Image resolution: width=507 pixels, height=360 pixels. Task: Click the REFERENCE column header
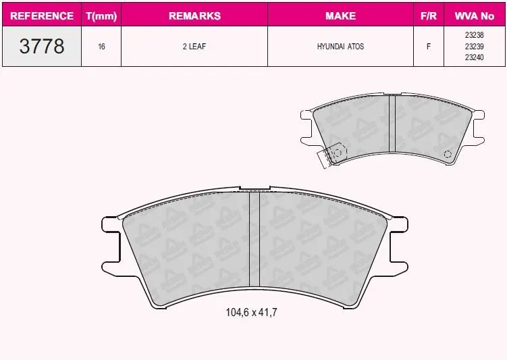click(x=42, y=16)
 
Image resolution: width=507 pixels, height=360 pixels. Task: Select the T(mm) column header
click(x=101, y=16)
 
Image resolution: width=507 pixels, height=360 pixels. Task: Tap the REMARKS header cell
click(x=194, y=16)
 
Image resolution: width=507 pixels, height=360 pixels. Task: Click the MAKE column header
click(x=340, y=16)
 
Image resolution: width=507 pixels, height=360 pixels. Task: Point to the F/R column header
click(x=429, y=16)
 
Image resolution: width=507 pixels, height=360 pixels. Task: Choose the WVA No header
click(x=475, y=16)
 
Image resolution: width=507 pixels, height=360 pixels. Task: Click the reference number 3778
click(x=42, y=46)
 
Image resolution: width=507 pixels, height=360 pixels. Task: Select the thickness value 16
click(x=101, y=47)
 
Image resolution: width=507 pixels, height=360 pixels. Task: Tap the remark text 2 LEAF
click(x=194, y=46)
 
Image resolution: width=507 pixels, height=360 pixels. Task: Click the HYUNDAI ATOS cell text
click(x=340, y=46)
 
